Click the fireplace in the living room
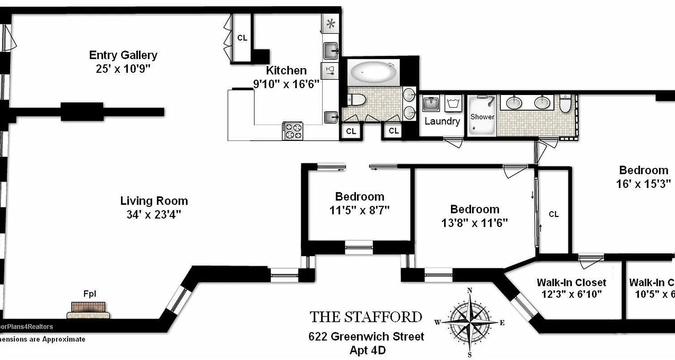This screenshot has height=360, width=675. pyautogui.click(x=89, y=310)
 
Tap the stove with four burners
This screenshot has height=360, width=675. pyautogui.click(x=292, y=131)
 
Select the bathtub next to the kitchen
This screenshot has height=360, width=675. pyautogui.click(x=374, y=72)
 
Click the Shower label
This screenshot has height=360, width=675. pyautogui.click(x=482, y=117)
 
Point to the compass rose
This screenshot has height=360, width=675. pyautogui.click(x=470, y=322)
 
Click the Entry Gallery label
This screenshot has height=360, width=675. pyautogui.click(x=123, y=55)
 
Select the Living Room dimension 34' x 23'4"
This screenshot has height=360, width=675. pyautogui.click(x=153, y=215)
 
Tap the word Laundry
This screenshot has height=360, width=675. pyautogui.click(x=442, y=121)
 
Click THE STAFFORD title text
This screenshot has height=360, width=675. pyautogui.click(x=366, y=317)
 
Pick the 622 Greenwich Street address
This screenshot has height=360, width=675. pyautogui.click(x=366, y=336)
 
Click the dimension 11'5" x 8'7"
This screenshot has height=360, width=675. pyautogui.click(x=360, y=210)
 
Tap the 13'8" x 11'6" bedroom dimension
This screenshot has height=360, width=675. pyautogui.click(x=475, y=223)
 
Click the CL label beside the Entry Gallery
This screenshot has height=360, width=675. pyautogui.click(x=242, y=38)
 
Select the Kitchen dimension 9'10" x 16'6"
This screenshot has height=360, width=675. pyautogui.click(x=286, y=84)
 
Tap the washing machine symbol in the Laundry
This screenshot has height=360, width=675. pyautogui.click(x=453, y=103)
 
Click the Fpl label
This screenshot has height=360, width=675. pyautogui.click(x=89, y=294)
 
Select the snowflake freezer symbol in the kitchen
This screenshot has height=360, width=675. pyautogui.click(x=331, y=23)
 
